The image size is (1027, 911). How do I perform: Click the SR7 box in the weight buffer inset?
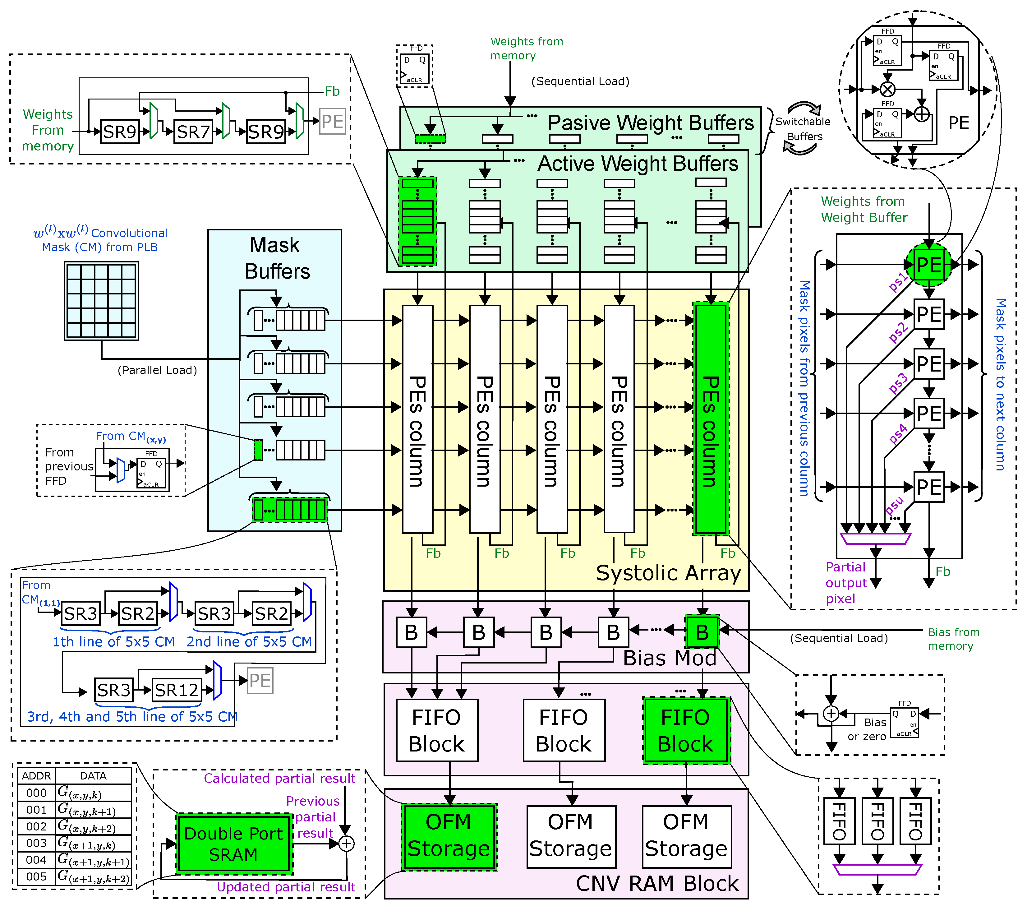[x=193, y=132]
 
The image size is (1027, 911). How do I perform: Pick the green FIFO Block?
[x=685, y=730]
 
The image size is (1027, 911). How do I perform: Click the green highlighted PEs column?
[x=710, y=418]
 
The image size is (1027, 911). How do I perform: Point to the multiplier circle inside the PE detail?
[x=887, y=90]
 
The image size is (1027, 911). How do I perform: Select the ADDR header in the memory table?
[x=36, y=775]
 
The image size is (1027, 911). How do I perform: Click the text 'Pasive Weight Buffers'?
[x=650, y=123]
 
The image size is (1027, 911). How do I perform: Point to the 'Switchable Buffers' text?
[x=803, y=129]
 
